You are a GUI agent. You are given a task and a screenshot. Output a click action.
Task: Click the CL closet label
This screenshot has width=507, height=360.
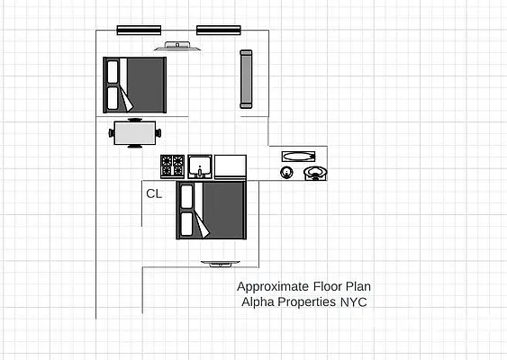pos(154,193)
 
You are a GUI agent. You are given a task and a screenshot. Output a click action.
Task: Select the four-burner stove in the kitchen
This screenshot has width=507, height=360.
pos(172,166)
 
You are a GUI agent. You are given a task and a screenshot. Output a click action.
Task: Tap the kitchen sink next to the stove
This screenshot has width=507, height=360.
pos(200,166)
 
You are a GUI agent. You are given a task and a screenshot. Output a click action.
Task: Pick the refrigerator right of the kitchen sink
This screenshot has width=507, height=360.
pos(230,166)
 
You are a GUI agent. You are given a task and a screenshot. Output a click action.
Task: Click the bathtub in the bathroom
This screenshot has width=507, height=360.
pos(294,156)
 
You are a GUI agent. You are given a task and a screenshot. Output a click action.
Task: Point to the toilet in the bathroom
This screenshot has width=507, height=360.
pos(315,172)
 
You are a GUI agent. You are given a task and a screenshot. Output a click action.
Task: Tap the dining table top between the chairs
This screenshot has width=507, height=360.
pos(134,133)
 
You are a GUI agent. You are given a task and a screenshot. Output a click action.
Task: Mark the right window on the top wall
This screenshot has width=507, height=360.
pos(219,30)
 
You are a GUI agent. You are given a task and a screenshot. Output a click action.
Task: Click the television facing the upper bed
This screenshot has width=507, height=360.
pos(177,46)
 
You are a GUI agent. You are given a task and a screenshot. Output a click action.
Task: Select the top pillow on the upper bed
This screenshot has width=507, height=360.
pos(113,71)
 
